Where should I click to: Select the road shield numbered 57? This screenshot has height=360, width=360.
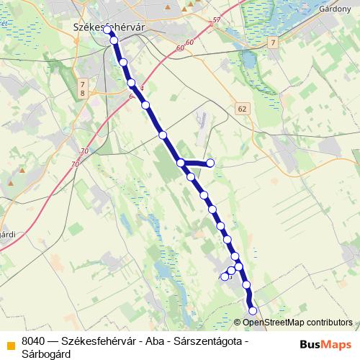(x=217, y=21)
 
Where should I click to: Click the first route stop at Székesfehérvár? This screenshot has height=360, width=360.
(x=108, y=31)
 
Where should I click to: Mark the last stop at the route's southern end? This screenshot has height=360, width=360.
(x=253, y=310)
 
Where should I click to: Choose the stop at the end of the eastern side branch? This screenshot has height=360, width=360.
(x=211, y=163)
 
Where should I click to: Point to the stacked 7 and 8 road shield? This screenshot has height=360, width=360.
(x=83, y=89)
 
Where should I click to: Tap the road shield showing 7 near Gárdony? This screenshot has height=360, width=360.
(x=273, y=44)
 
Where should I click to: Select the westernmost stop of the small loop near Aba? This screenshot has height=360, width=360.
(x=225, y=276)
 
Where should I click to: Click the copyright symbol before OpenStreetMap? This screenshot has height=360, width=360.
(x=238, y=323)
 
